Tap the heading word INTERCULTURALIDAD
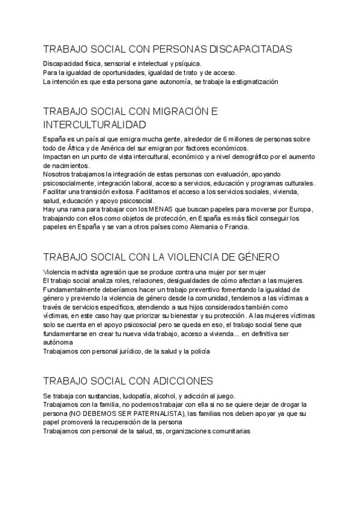tap(95, 125)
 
